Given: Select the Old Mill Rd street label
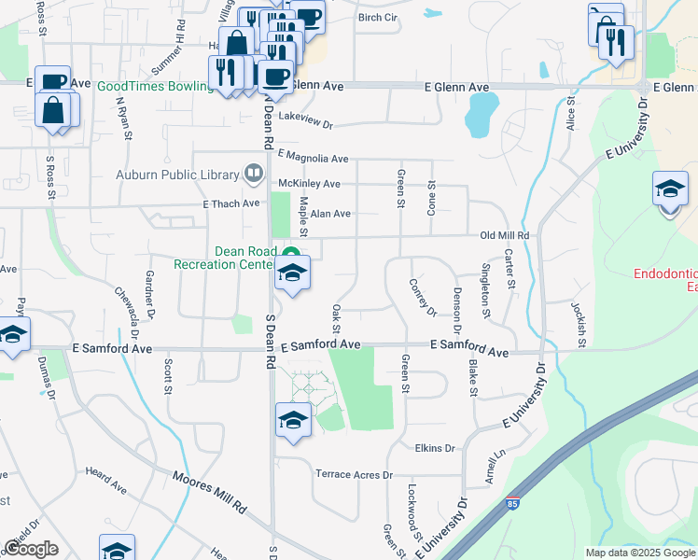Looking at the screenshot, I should [x=505, y=236].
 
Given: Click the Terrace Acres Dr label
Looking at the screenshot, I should [x=355, y=475].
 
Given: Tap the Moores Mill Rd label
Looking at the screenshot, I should [x=210, y=493].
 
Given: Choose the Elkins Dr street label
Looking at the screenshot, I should [x=435, y=448].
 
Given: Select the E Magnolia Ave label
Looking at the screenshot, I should [x=313, y=159].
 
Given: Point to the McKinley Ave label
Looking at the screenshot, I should [x=306, y=184].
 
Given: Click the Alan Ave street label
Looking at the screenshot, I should [x=330, y=214].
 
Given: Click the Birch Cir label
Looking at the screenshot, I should [x=378, y=18].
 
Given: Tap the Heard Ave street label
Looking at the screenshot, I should [x=105, y=480].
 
